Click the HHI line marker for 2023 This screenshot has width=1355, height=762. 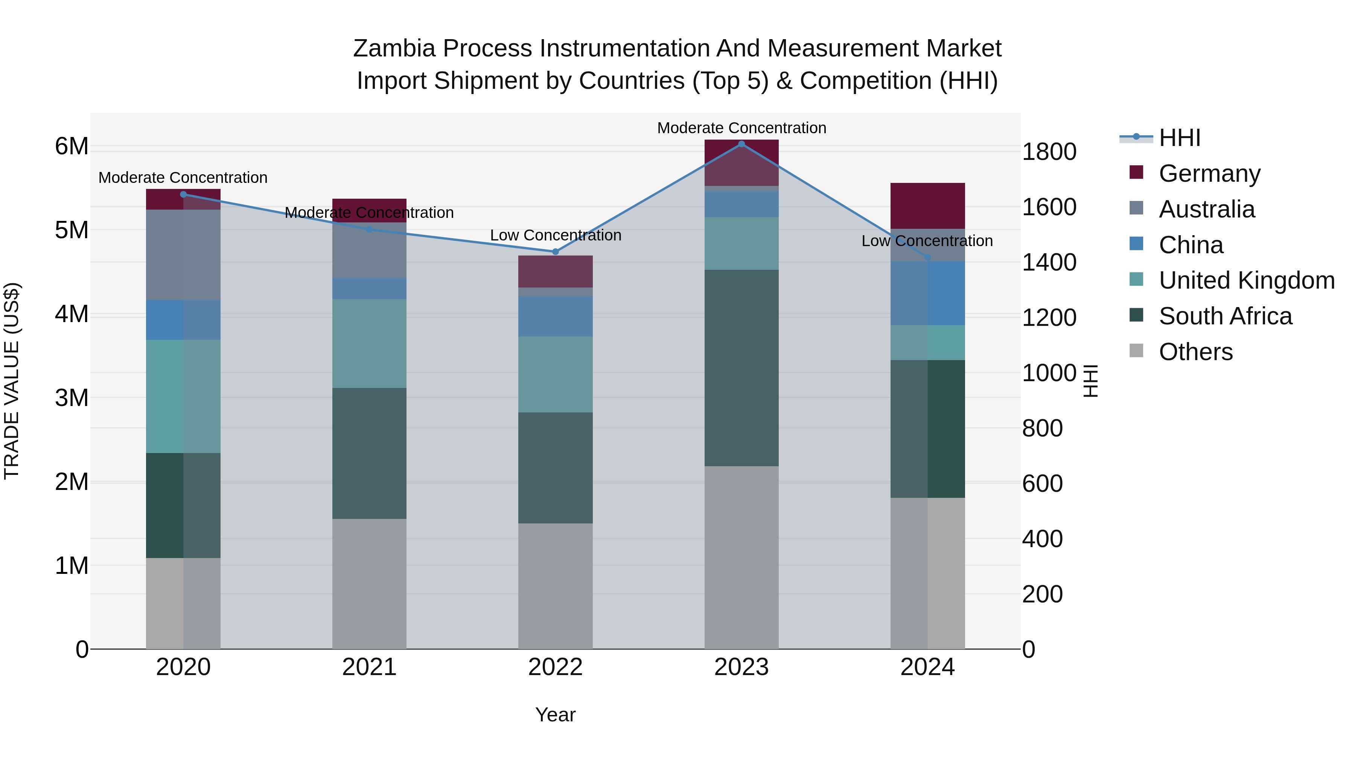[x=741, y=144]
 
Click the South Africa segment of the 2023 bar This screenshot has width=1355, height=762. [x=741, y=368]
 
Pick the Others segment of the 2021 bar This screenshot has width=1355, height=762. [x=369, y=584]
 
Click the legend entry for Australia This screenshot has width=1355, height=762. [x=1206, y=209]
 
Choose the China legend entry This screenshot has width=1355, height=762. [x=1191, y=245]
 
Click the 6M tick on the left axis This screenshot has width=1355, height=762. [x=72, y=146]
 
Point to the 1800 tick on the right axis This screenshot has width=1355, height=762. [x=1049, y=152]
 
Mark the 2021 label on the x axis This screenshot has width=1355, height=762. [x=369, y=667]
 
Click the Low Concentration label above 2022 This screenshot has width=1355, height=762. [x=556, y=235]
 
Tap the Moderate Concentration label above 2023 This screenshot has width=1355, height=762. [x=741, y=128]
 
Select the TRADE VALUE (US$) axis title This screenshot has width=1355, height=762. [x=12, y=381]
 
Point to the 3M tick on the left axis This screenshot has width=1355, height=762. [x=72, y=398]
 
